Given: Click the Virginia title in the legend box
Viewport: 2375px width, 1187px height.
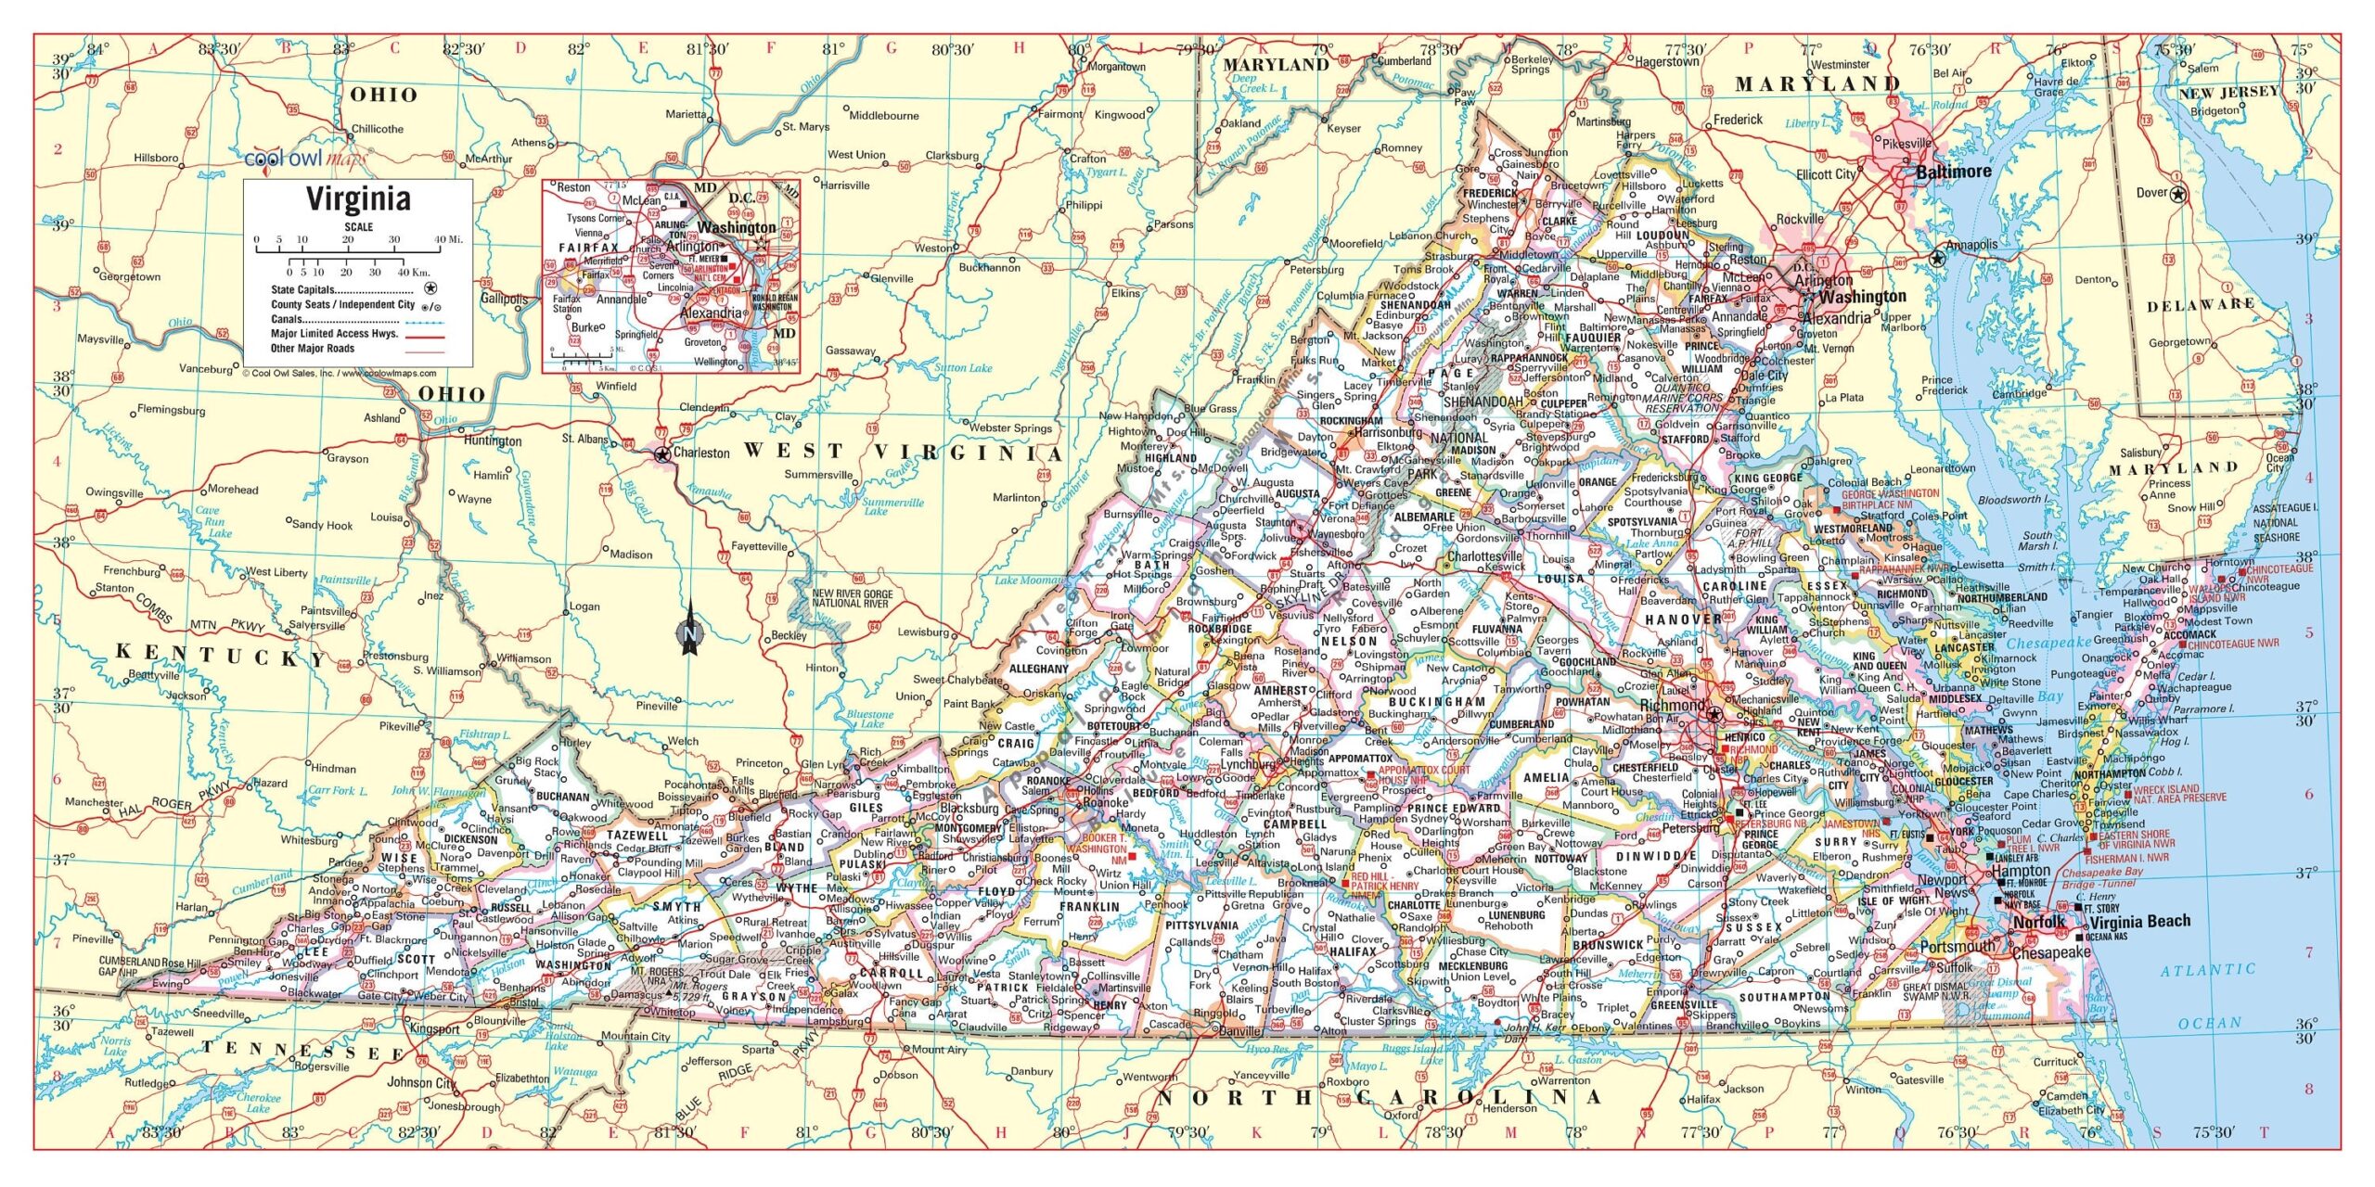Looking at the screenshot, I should tap(358, 199).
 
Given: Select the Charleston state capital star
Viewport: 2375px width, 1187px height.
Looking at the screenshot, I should tap(661, 454).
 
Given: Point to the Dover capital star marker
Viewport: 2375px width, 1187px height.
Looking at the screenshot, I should tap(2177, 194).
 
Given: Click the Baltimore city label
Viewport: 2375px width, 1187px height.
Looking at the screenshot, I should tap(1954, 172).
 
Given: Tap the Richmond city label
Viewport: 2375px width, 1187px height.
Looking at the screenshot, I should tap(1672, 705).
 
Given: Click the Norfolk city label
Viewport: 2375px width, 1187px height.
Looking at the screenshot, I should tap(2039, 922).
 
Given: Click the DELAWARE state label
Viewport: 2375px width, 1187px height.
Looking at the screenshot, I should tap(2202, 305).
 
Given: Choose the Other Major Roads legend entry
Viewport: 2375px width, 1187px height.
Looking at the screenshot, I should tap(313, 349).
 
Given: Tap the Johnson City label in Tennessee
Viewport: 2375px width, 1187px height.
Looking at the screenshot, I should tap(421, 1082).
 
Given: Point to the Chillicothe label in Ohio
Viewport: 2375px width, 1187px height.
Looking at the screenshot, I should tap(377, 129).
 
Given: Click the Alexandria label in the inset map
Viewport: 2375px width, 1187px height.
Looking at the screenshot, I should tap(711, 313).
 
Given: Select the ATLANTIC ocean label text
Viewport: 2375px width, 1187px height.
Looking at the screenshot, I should tap(2207, 971).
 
